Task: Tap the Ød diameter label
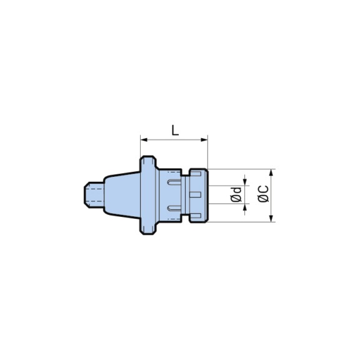[236, 195]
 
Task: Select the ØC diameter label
[262, 195]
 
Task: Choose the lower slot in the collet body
[174, 207]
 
